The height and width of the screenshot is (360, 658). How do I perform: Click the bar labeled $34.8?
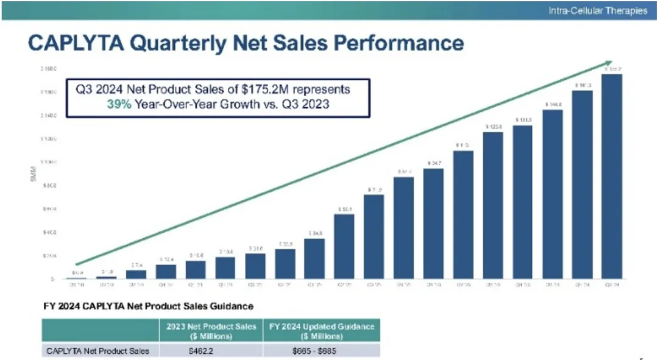point(314,258)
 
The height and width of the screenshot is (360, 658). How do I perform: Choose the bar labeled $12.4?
point(166,272)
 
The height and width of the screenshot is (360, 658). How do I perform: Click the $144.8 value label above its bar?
point(553,104)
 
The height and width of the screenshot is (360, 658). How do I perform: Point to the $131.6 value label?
point(523,120)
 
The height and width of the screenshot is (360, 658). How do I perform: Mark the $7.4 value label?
point(136,265)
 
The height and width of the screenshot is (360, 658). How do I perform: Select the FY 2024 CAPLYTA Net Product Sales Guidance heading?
point(147,305)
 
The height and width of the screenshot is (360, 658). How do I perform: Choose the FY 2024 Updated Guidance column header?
point(322,331)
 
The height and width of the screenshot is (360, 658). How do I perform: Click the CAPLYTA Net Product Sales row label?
point(97,350)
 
